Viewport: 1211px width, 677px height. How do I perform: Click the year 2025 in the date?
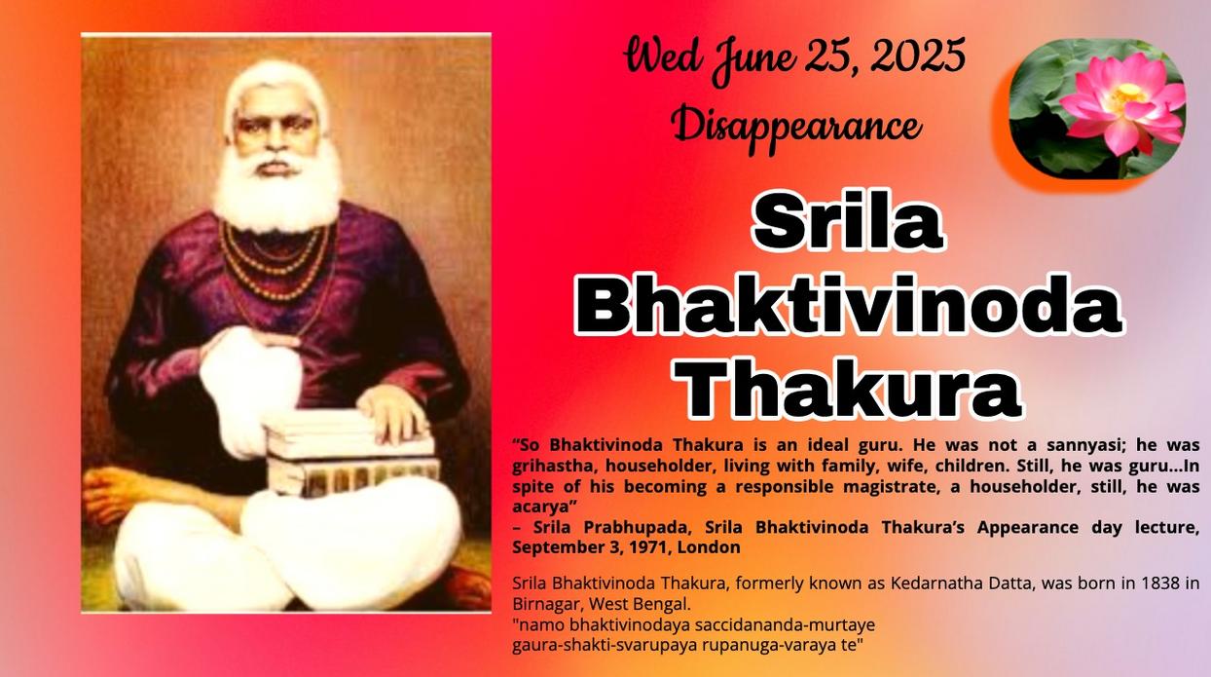pyautogui.click(x=917, y=56)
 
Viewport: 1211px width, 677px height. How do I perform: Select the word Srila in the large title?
pyautogui.click(x=848, y=222)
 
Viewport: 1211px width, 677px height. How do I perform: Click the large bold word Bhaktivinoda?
pyautogui.click(x=849, y=305)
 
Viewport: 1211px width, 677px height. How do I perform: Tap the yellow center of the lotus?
pyautogui.click(x=1127, y=94)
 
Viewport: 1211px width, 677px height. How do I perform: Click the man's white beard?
pyautogui.click(x=277, y=192)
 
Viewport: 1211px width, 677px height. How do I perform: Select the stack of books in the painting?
pyautogui.click(x=351, y=454)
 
